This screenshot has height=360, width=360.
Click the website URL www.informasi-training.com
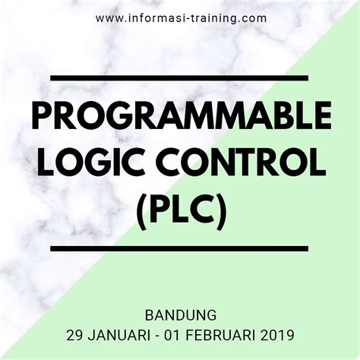[179, 17]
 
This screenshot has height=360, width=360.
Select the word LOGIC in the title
[87, 160]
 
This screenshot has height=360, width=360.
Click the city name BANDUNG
[180, 313]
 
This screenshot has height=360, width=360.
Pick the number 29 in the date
[75, 333]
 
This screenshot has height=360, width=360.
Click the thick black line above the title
[179, 77]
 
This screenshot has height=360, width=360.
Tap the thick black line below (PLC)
[179, 248]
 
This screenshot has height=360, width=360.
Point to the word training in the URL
[218, 17]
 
